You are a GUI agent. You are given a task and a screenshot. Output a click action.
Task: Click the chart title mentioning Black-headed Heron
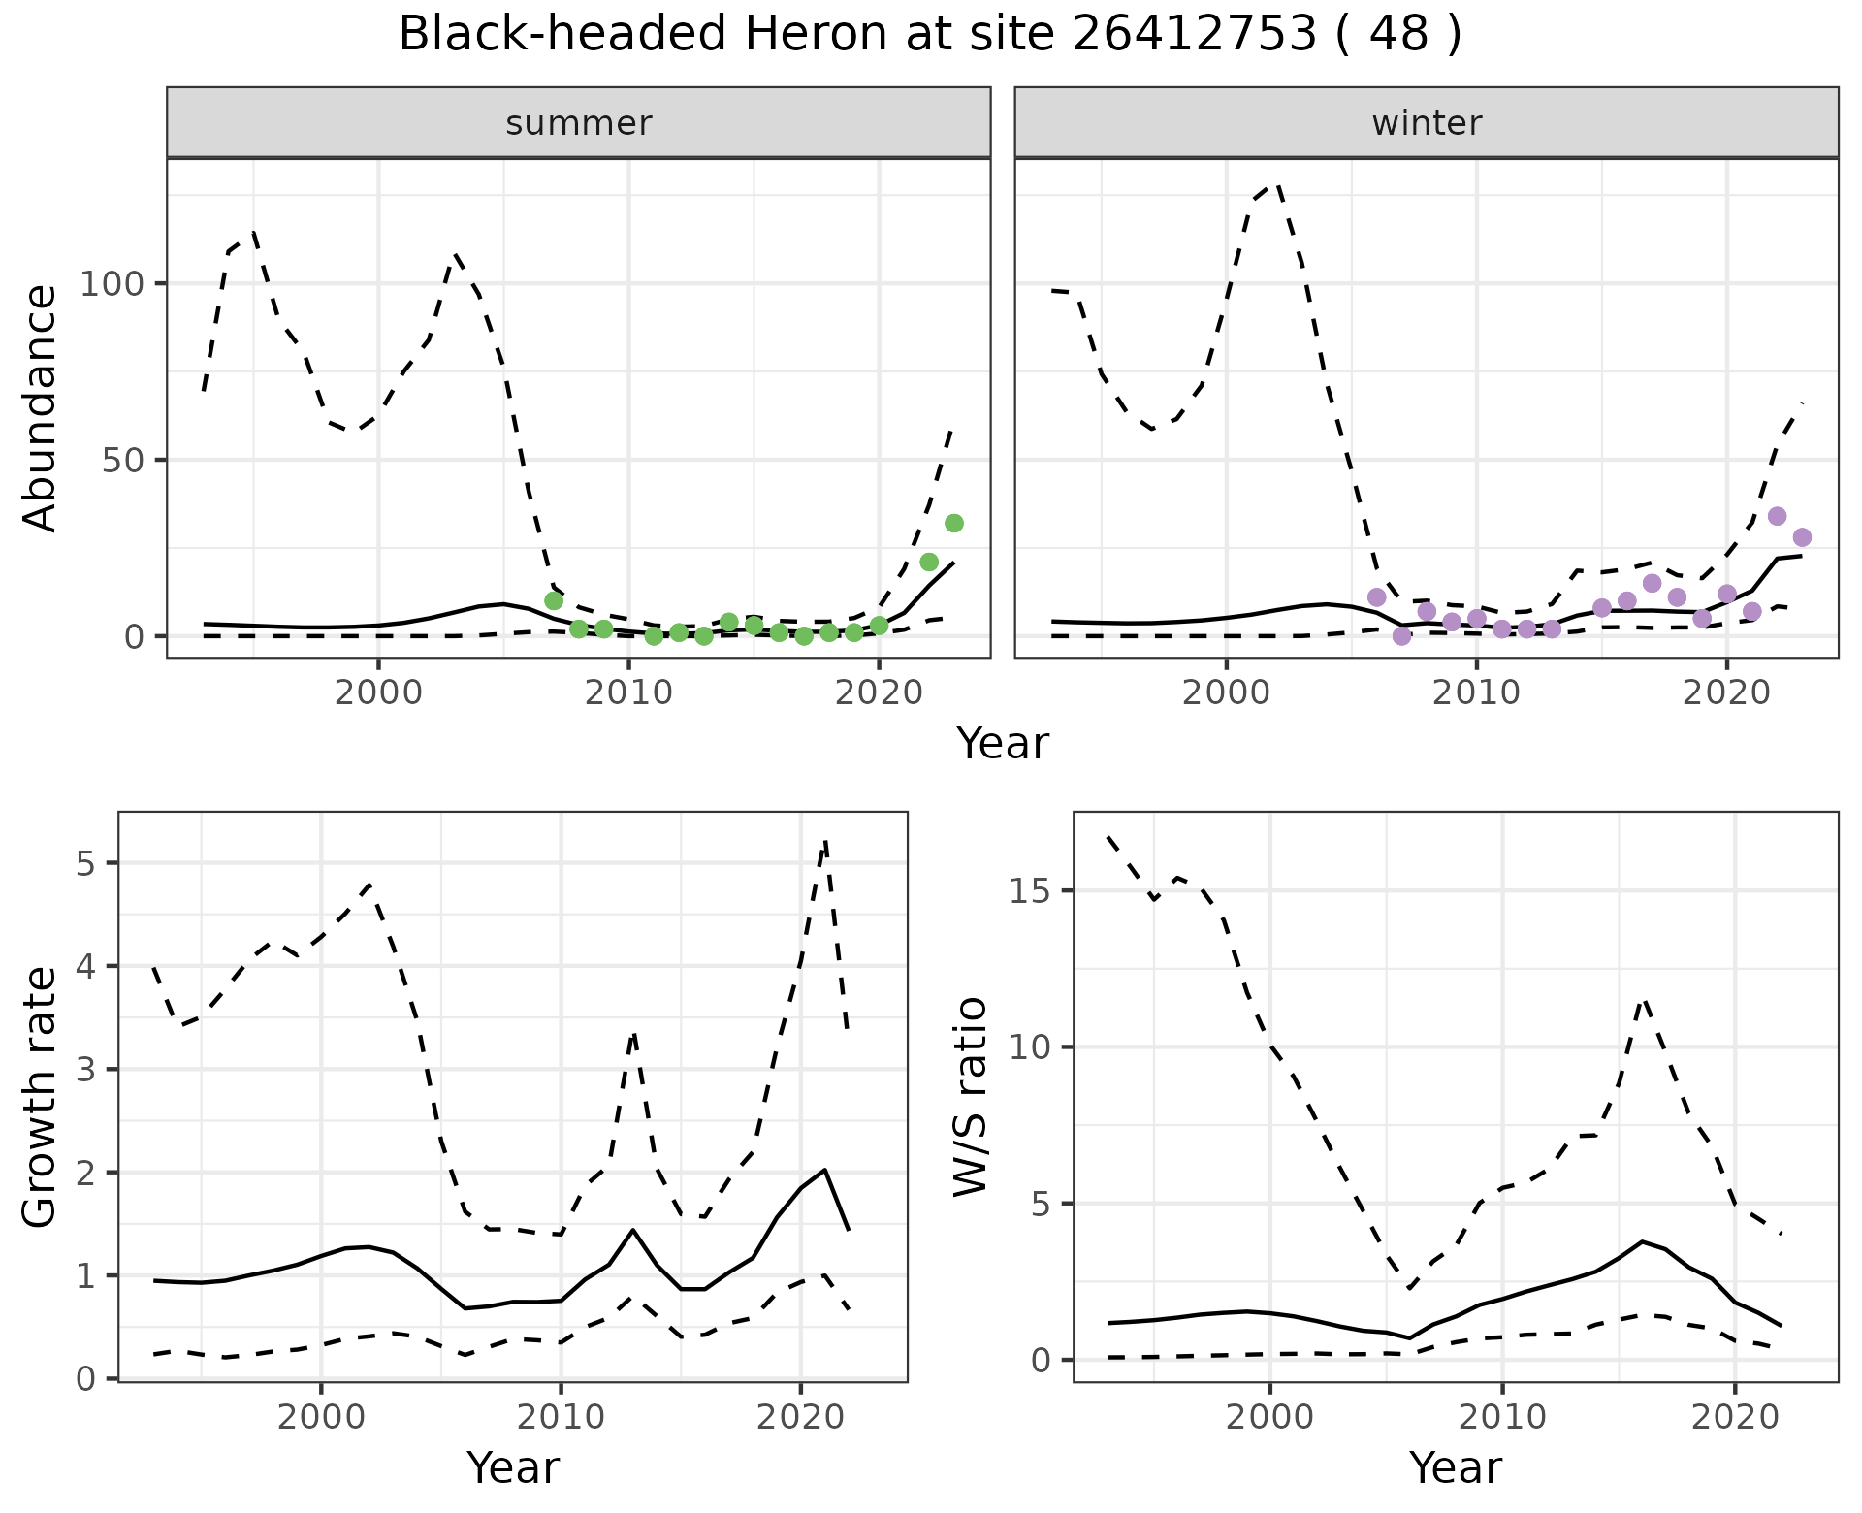pos(929,35)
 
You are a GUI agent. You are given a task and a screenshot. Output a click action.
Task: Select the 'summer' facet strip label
pos(579,123)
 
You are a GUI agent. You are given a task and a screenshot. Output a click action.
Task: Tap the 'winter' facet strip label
pos(1427,123)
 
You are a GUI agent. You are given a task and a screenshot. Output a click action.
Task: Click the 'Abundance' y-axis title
pos(41,408)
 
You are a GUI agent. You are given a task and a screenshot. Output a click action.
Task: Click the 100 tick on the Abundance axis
pos(112,284)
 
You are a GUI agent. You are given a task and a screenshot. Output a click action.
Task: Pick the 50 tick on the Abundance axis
pos(124,460)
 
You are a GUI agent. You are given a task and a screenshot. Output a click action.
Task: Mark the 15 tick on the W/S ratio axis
pos(1032,891)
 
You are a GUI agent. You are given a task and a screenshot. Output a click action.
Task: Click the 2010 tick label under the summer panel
pos(628,692)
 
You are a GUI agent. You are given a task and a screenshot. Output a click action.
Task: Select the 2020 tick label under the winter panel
pos(1726,692)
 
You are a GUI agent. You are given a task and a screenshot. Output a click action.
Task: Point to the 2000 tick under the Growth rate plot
pos(321,1417)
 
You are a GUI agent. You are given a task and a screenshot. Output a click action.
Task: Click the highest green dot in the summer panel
pos(953,524)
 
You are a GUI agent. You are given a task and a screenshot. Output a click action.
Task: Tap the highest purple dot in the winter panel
pos(1777,516)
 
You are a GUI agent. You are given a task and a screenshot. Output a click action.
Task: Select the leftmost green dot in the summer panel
pos(554,600)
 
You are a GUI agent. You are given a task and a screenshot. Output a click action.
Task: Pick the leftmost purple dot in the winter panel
pos(1376,596)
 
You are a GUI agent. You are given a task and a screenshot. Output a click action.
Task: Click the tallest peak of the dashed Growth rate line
pos(825,842)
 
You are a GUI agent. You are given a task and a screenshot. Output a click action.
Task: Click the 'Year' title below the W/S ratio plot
pos(1456,1467)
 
